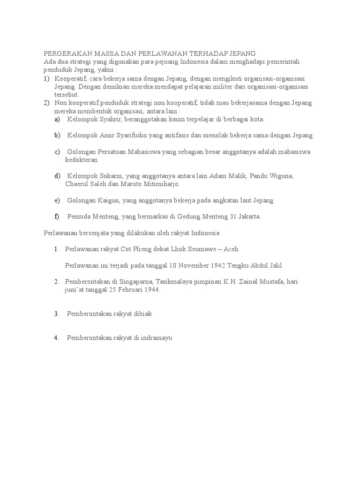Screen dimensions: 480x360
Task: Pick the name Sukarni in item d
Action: (x=110, y=176)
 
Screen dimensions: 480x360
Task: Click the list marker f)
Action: (x=57, y=217)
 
